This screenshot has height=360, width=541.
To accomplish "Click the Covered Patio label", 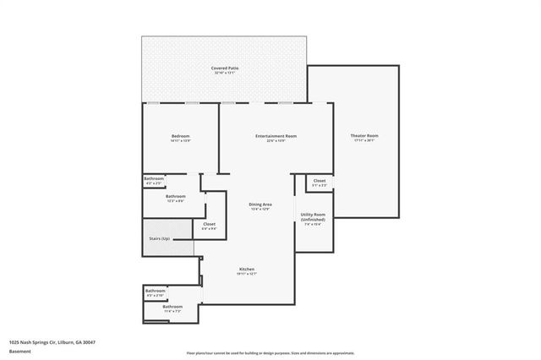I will point(223,68).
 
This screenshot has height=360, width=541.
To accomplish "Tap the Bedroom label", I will point(181,136).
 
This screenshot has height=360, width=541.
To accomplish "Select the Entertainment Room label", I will point(276,136).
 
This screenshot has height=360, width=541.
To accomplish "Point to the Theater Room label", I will point(364,136).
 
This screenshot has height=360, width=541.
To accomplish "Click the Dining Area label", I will point(260,204).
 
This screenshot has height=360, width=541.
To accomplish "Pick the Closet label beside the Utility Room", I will point(320,180).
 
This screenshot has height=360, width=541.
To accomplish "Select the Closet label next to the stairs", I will point(209,224).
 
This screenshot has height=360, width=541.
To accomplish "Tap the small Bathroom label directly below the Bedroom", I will point(153,178).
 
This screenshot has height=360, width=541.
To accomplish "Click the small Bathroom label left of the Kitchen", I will point(156,291).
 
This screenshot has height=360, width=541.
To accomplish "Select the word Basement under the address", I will point(19,350).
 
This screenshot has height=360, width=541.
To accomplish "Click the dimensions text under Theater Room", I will point(364,141).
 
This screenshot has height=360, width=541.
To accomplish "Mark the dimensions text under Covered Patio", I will point(223,74).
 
